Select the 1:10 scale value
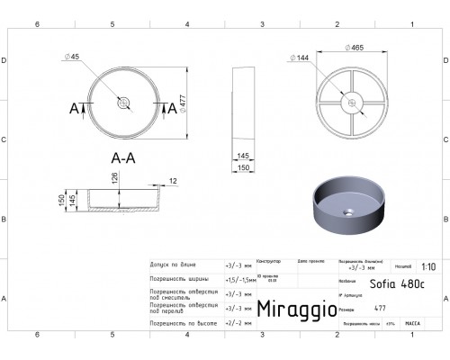428,267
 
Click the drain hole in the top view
123,104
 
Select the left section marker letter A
75,108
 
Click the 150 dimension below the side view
244,167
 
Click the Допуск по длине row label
174,267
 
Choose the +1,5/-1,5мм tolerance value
238,280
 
